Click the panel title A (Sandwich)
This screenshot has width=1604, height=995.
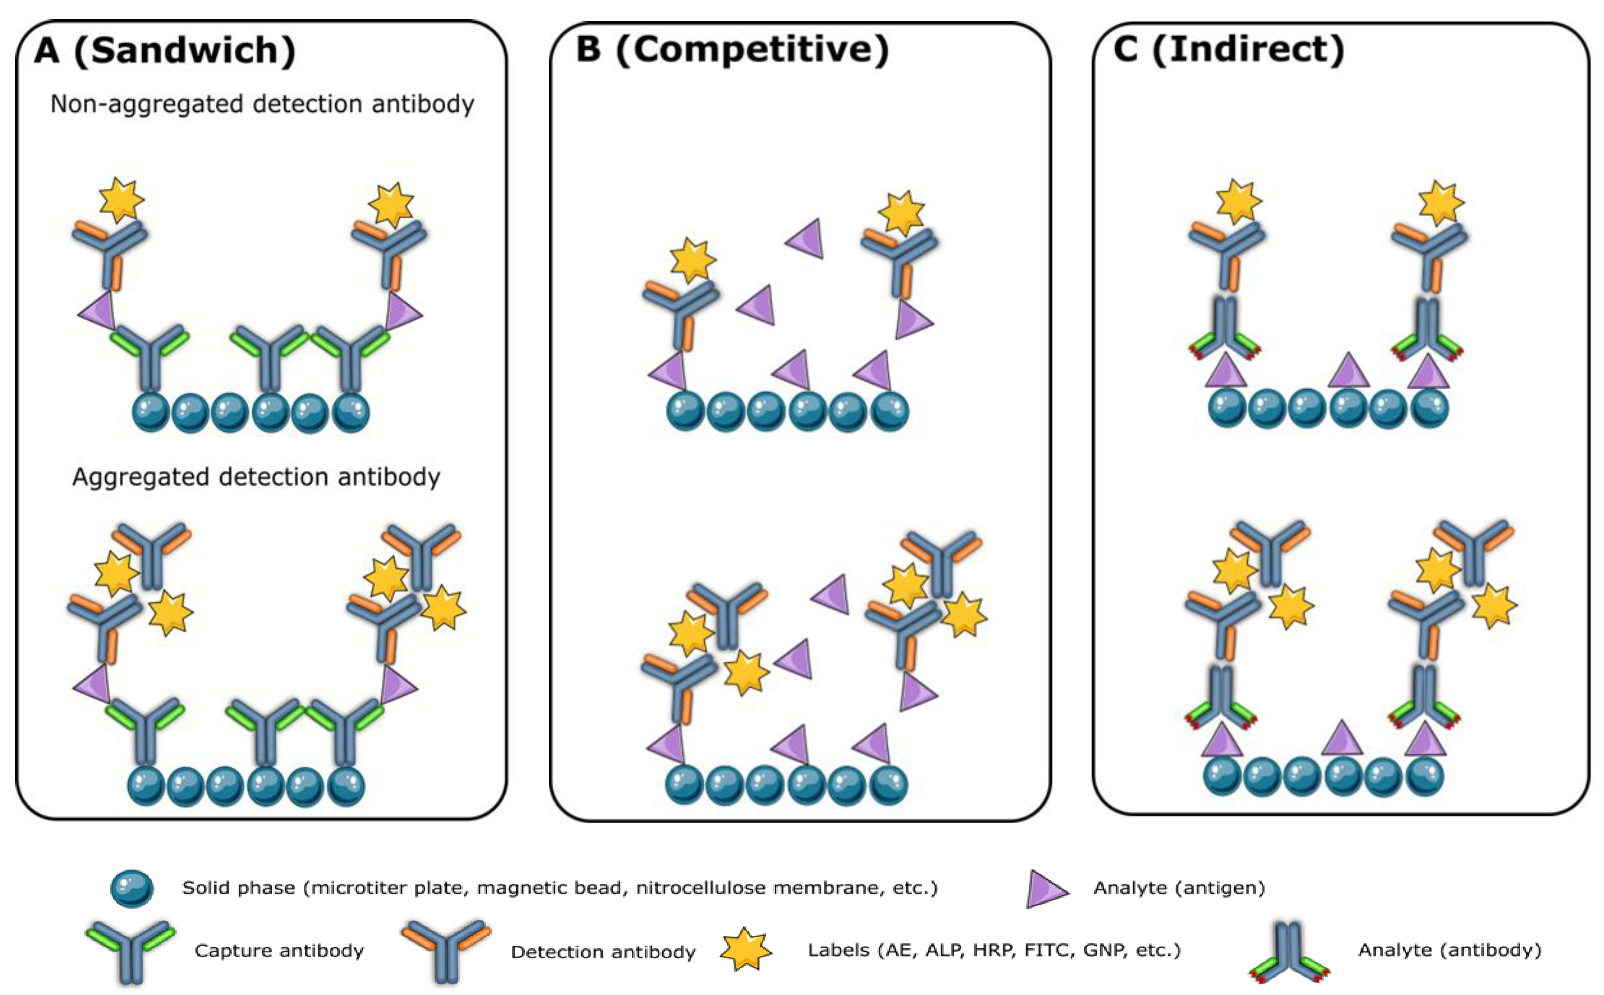pos(165,51)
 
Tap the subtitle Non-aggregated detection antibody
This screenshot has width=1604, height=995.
pos(262,104)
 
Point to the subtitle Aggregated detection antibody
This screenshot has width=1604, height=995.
pos(256,476)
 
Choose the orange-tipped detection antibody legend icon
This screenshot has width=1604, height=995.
pos(446,950)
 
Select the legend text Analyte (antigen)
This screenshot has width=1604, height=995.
pos(1179,888)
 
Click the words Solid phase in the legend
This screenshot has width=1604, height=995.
pos(238,888)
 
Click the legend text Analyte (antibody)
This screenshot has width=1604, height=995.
pos(1449,950)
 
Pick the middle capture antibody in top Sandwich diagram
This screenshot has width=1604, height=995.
pos(270,358)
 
